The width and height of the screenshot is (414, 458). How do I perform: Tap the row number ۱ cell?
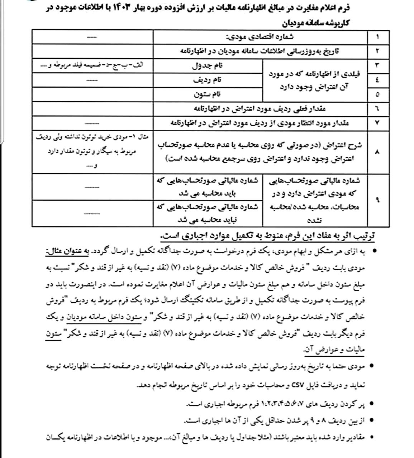pyautogui.click(x=378, y=36)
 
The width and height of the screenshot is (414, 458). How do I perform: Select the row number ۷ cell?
pyautogui.click(x=378, y=123)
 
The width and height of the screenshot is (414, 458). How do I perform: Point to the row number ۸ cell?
pyautogui.click(x=378, y=152)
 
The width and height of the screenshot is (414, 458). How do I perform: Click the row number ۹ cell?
pyautogui.click(x=378, y=200)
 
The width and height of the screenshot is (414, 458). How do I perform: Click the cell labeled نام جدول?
pyautogui.click(x=208, y=66)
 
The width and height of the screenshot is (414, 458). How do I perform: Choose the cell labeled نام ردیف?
pyautogui.click(x=208, y=80)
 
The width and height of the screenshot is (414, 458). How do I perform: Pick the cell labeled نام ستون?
pyautogui.click(x=208, y=94)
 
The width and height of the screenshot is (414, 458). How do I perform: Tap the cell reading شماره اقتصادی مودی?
pyautogui.click(x=260, y=36)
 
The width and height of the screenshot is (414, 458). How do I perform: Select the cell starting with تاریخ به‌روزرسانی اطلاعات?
pyautogui.click(x=260, y=51)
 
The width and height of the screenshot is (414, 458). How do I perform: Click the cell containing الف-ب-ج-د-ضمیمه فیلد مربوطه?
pyautogui.click(x=92, y=66)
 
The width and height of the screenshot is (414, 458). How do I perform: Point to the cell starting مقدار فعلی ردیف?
pyautogui.click(x=260, y=108)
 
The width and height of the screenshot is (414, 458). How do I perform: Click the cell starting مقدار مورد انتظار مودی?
pyautogui.click(x=260, y=123)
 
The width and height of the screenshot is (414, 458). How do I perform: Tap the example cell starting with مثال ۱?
pyautogui.click(x=92, y=152)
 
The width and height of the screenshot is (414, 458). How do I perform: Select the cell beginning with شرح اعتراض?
pyautogui.click(x=260, y=152)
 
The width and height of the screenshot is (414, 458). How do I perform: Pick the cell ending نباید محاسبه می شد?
pyautogui.click(x=208, y=213)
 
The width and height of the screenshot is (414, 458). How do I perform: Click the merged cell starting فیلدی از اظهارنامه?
pyautogui.click(x=315, y=80)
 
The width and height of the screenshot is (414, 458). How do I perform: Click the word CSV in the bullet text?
pyautogui.click(x=298, y=385)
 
